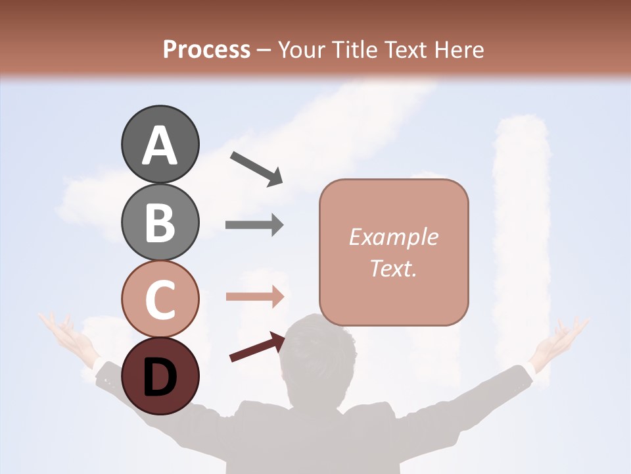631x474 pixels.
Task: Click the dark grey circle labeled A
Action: [x=160, y=144]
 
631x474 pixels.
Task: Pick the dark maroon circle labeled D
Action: [x=160, y=376]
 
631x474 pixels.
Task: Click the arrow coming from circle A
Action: [x=256, y=168]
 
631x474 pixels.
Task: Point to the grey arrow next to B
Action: [x=254, y=224]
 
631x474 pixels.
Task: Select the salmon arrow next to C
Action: [x=254, y=296]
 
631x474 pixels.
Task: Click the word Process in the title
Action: [x=206, y=49]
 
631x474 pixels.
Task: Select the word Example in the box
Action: [x=393, y=237]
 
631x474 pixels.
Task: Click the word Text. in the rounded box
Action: [x=393, y=268]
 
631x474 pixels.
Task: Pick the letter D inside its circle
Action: [x=160, y=377]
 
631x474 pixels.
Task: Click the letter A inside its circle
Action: [x=160, y=145]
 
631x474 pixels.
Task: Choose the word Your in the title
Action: [x=303, y=49]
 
